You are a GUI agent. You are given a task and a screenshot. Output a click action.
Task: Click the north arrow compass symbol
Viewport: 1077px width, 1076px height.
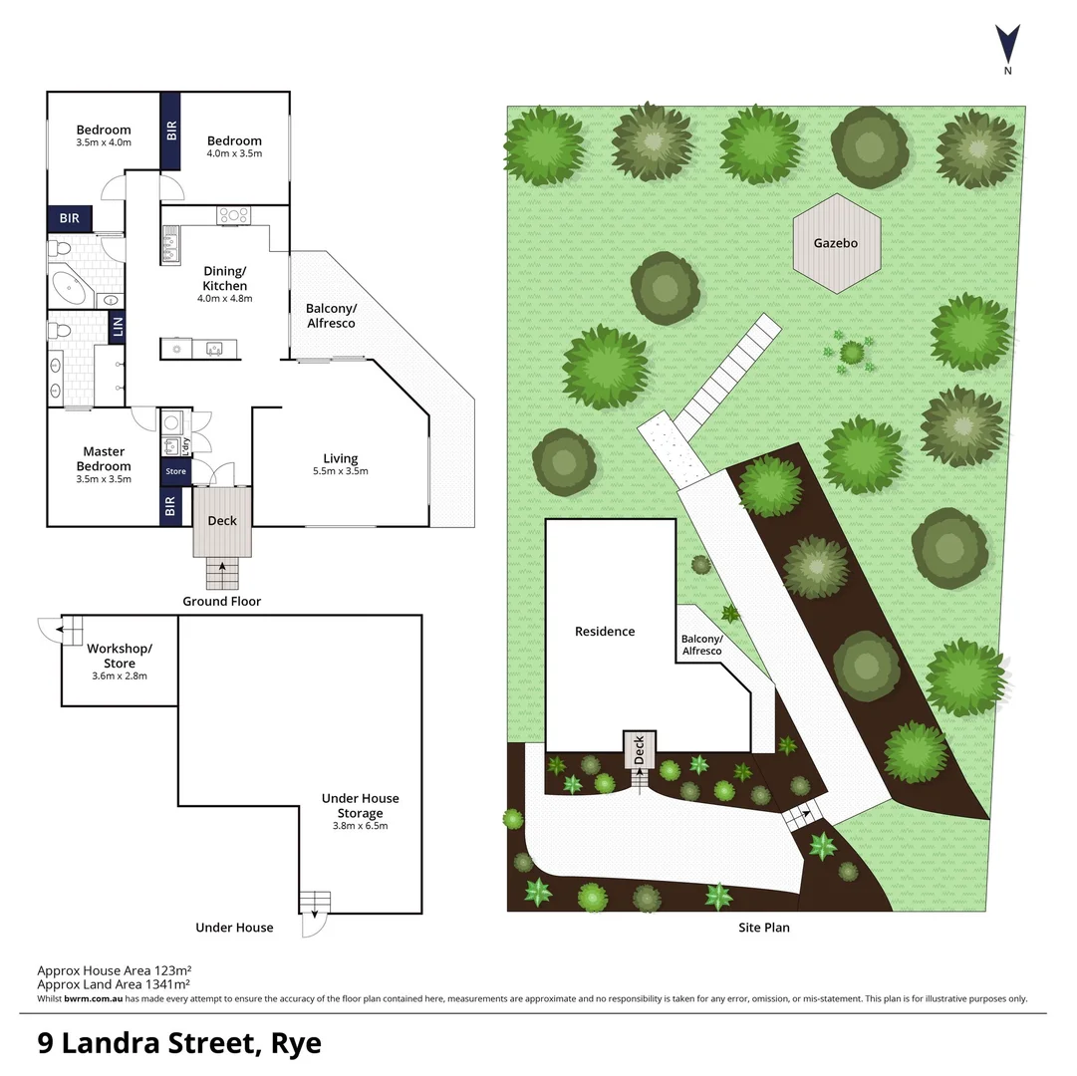tap(1007, 45)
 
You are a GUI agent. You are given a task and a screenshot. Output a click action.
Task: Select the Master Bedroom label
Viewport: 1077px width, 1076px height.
tap(104, 459)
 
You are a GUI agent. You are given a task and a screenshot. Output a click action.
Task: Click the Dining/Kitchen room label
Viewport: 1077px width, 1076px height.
tap(224, 278)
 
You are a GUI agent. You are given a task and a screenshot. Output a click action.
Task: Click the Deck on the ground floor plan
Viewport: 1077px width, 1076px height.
tap(221, 521)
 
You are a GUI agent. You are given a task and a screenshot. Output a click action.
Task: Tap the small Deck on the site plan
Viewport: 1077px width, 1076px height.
tap(639, 748)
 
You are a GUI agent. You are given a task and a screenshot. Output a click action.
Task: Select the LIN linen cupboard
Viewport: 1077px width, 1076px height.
tap(117, 327)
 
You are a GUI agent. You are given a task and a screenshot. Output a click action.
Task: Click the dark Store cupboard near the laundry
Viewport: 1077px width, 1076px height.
tap(175, 471)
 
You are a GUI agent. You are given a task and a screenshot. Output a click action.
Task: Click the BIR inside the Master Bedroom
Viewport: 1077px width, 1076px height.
tap(170, 507)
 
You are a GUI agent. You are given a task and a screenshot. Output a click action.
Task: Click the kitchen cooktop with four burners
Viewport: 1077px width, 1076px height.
tap(234, 214)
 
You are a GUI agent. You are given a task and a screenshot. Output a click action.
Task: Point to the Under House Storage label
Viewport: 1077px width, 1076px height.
tap(360, 805)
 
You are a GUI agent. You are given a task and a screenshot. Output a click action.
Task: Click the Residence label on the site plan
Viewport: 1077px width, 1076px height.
tap(604, 632)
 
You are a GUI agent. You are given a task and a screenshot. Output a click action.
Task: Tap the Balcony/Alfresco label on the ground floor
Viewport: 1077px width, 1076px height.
tap(330, 316)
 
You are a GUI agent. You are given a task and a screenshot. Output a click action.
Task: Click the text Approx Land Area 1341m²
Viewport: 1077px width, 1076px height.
tap(114, 983)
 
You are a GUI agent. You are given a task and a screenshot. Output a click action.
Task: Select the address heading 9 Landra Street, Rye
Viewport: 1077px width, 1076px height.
tap(179, 1043)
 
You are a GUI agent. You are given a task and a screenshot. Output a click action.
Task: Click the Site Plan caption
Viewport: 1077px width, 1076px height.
tap(763, 928)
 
